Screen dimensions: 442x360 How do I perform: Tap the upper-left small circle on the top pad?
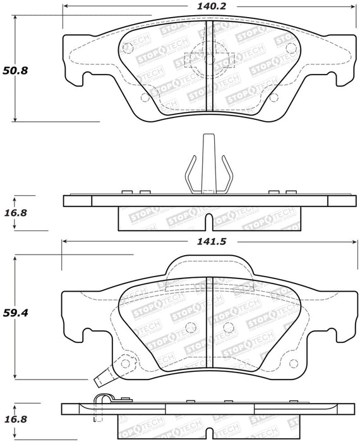(x=128, y=47)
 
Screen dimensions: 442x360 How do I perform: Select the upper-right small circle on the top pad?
(x=291, y=47)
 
